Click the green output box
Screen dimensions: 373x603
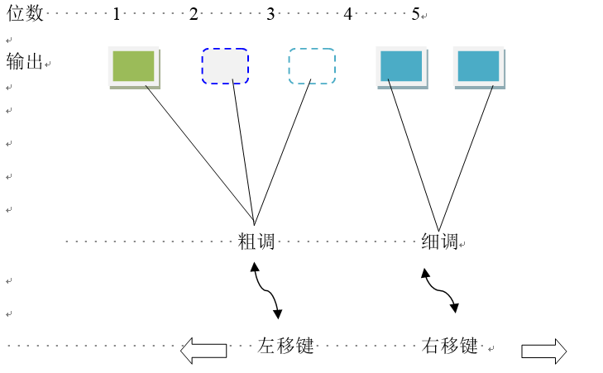coord(133,67)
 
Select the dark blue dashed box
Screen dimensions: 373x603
coord(225,66)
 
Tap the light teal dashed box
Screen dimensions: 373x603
coord(312,66)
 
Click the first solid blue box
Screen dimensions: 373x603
coord(401,67)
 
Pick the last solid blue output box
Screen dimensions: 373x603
coord(479,67)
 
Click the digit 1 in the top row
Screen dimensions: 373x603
coord(117,14)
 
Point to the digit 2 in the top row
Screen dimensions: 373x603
coord(194,14)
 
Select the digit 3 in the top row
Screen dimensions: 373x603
coord(270,14)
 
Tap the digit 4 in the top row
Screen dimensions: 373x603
coord(347,14)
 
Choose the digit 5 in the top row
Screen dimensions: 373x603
coord(415,14)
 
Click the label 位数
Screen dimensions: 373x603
coord(23,13)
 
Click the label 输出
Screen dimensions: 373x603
coord(24,61)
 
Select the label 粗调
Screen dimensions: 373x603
coord(256,242)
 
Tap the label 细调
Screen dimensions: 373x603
coord(439,242)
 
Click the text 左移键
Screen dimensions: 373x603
coord(286,346)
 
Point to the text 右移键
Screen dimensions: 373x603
coord(450,346)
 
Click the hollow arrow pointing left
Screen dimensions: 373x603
coord(203,350)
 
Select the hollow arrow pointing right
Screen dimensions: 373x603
coord(543,351)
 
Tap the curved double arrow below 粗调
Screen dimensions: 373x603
coord(266,291)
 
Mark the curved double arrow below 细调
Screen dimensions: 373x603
coord(440,290)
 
